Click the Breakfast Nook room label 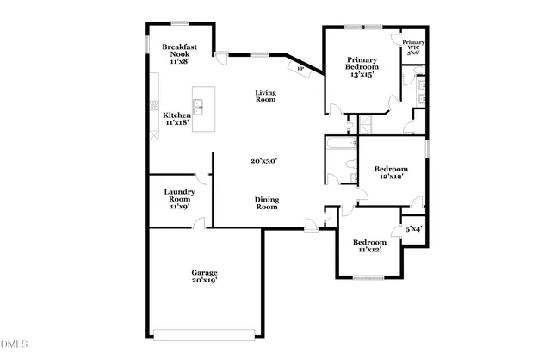pos(180,54)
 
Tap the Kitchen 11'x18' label pos(176,119)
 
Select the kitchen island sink pos(198,108)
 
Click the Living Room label pos(265,96)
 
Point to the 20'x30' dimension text pos(263,161)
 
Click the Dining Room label pos(266,203)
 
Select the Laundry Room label pos(179,199)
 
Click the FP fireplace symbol pos(300,68)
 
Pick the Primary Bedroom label pos(361,66)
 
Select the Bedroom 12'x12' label pos(392,172)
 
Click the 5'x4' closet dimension pos(413,229)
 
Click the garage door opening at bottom pos(203,336)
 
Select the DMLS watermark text pos(15,345)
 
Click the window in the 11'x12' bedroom pos(368,277)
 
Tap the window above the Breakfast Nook pos(180,23)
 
